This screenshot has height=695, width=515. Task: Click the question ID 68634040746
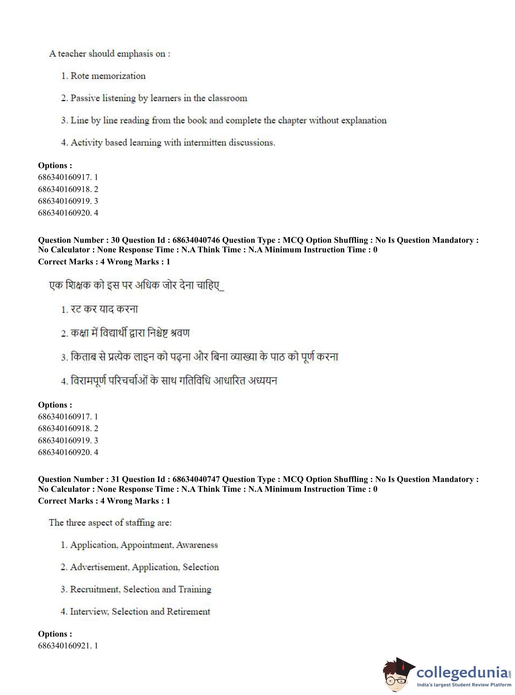[x=196, y=240]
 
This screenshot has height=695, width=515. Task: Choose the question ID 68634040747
[x=196, y=479]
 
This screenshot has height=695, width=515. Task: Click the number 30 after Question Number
[x=115, y=240]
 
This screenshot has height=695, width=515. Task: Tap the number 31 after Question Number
[x=115, y=479]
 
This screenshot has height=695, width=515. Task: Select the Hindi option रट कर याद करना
[x=104, y=309]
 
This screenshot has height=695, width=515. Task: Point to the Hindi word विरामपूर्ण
[x=89, y=381]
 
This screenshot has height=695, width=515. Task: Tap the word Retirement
[x=192, y=611]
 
